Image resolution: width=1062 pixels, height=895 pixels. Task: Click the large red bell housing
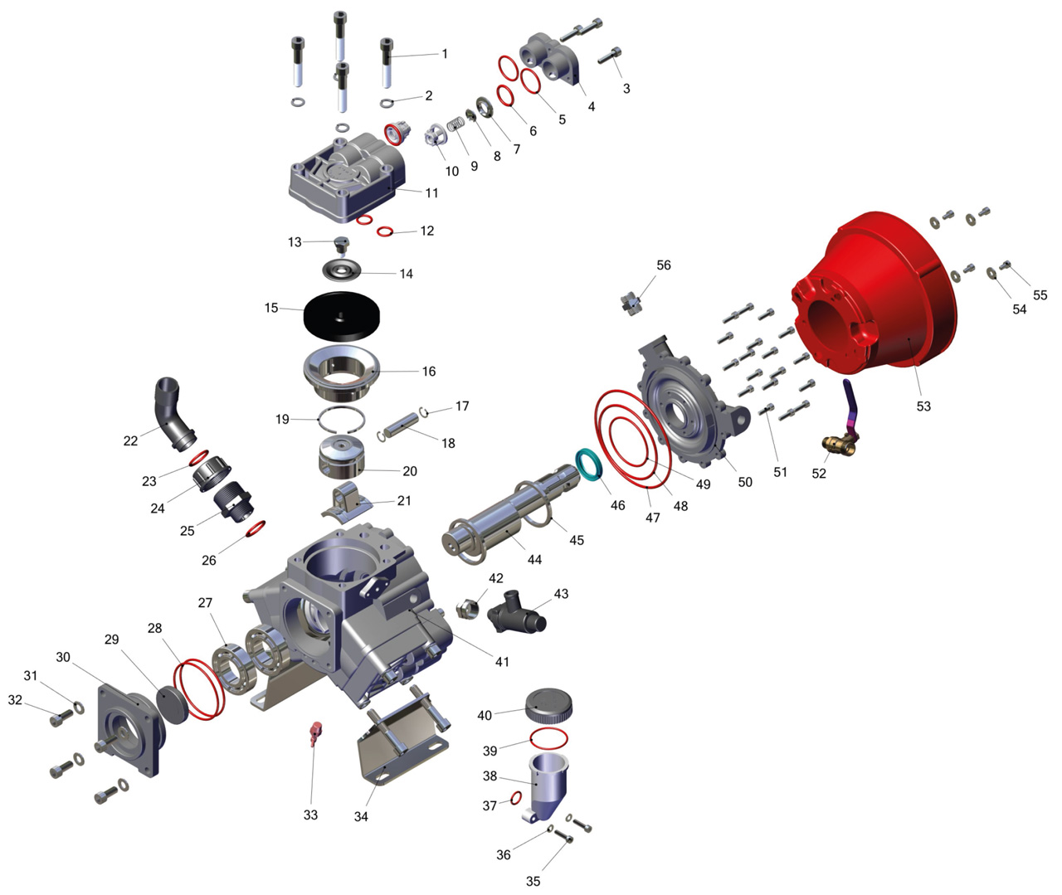pos(874,289)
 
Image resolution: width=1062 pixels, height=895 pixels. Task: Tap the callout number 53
pos(923,406)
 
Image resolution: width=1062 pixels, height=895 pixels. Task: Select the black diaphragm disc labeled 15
pos(342,315)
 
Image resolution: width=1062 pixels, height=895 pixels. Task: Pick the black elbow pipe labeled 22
pos(173,413)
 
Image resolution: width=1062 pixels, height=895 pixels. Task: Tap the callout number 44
pos(534,559)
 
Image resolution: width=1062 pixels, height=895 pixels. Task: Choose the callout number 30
pos(63,657)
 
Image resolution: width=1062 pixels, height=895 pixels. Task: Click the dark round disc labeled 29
pos(172,704)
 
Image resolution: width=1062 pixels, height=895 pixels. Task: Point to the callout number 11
pos(431,192)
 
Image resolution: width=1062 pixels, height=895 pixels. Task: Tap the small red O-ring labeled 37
pos(515,798)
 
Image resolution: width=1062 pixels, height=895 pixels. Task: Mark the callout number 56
pos(663,265)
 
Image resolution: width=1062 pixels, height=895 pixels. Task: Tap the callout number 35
pos(533,881)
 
